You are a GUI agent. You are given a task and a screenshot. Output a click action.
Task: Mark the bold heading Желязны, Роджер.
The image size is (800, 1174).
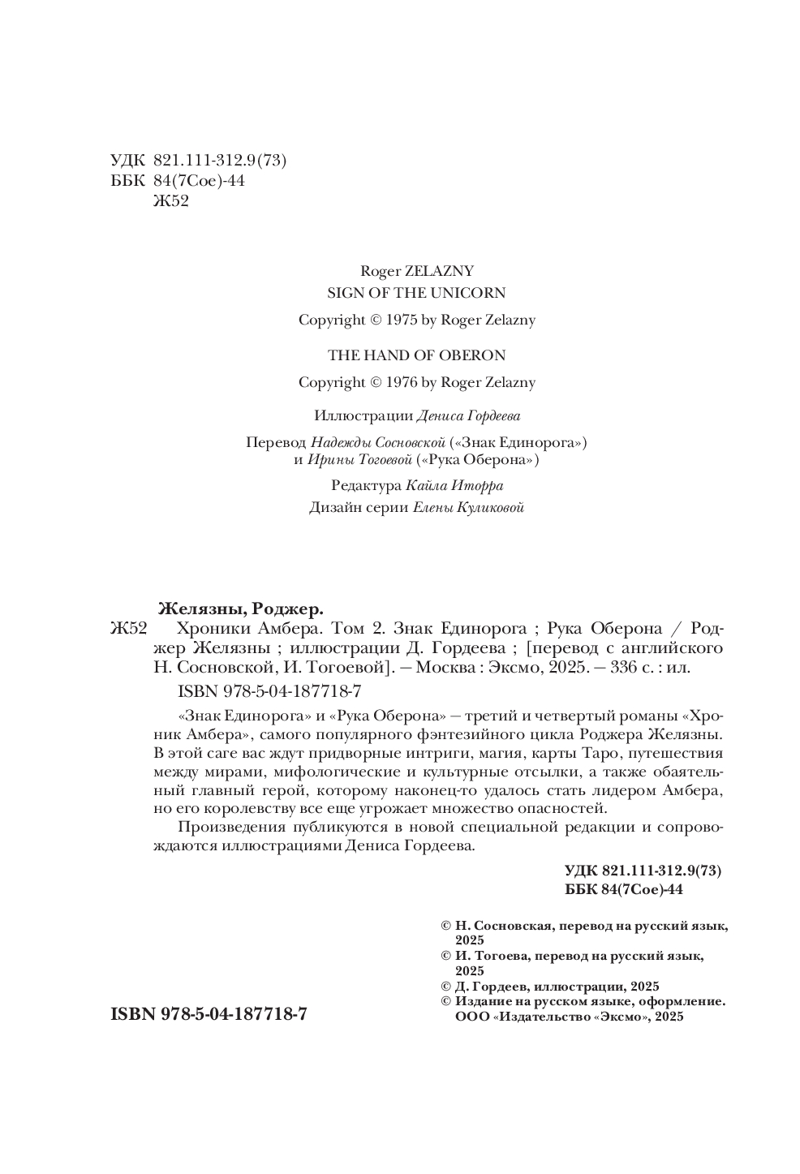point(240,608)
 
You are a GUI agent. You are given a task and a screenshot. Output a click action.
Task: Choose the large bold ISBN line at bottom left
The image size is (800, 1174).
point(208,1014)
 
